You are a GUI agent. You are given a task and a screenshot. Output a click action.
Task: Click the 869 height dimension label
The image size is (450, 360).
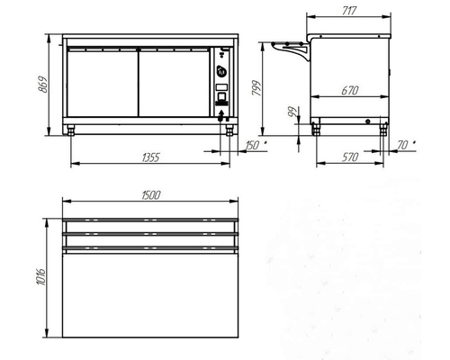click(x=44, y=85)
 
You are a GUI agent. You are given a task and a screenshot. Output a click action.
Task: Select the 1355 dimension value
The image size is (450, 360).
click(x=151, y=157)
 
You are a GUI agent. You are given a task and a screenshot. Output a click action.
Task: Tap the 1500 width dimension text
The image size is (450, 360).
click(x=151, y=195)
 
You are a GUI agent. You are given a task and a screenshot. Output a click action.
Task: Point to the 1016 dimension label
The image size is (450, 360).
click(x=41, y=276)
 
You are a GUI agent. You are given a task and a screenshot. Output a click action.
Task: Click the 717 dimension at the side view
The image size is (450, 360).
click(x=349, y=11)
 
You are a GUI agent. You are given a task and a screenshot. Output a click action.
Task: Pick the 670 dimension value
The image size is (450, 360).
click(x=350, y=90)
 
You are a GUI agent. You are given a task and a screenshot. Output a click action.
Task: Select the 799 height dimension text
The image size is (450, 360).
click(x=256, y=88)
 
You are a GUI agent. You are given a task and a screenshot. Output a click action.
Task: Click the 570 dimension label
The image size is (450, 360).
click(x=350, y=157)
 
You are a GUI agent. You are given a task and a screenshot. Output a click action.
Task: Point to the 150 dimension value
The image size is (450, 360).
click(x=252, y=146)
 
